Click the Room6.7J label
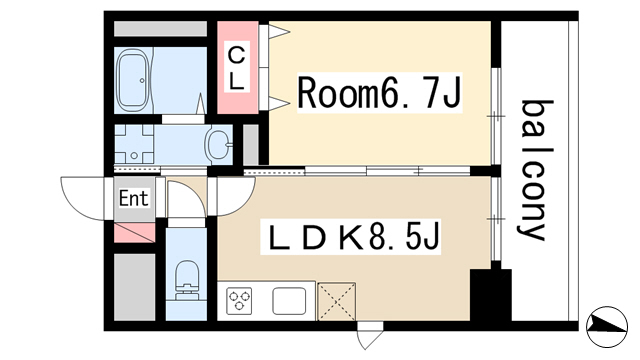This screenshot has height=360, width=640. [x=379, y=93]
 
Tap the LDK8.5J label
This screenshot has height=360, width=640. [x=352, y=237]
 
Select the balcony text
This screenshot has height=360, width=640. [x=536, y=170]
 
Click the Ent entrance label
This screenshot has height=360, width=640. [x=133, y=199]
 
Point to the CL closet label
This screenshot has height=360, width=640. [x=237, y=68]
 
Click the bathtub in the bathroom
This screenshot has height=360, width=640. [x=132, y=80]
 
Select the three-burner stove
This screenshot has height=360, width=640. [x=240, y=301]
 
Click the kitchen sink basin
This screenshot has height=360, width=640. [x=289, y=301]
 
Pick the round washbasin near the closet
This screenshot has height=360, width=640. [x=219, y=144]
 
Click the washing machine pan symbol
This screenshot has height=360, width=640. [x=134, y=144]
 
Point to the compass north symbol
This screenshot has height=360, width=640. [x=607, y=327]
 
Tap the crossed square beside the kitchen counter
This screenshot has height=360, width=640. [x=337, y=301]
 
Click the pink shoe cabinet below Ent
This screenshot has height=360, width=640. [x=134, y=233]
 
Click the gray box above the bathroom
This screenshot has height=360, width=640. [x=160, y=29]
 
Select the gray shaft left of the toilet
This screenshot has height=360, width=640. [x=134, y=287]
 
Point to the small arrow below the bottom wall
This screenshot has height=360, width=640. [x=370, y=337]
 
